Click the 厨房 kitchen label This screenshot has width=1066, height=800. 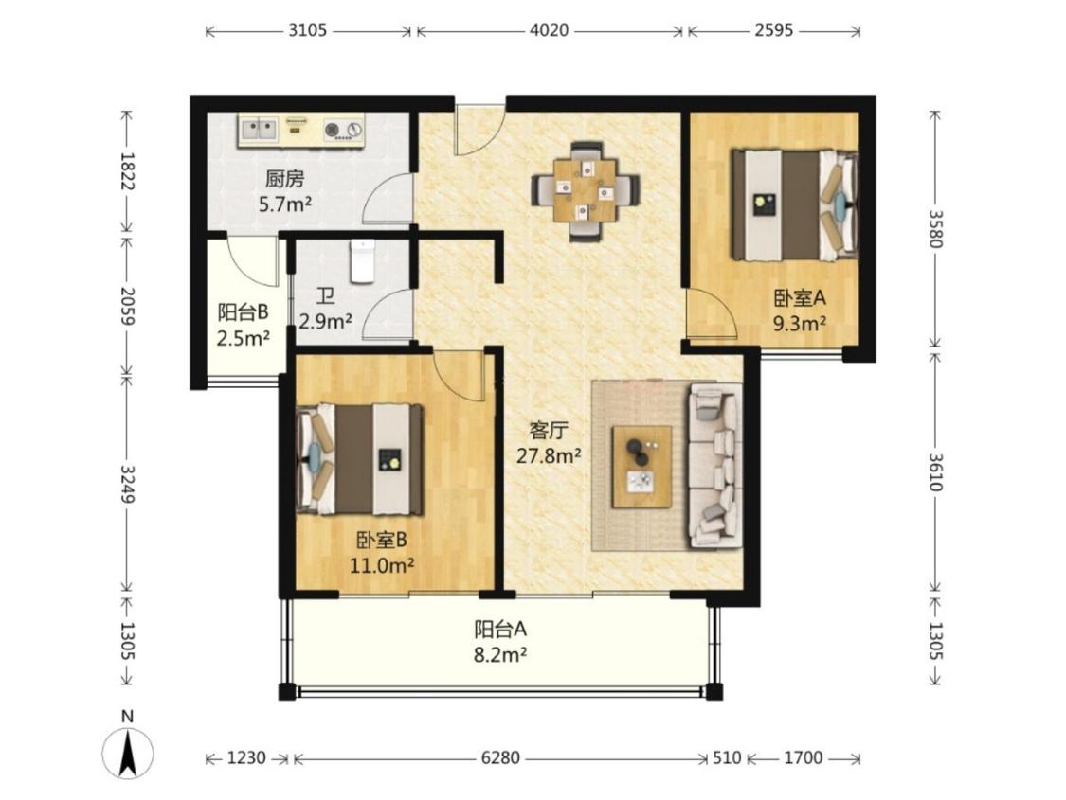(x=285, y=179)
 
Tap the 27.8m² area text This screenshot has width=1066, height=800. (x=549, y=455)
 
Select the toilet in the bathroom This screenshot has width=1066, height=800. (x=363, y=260)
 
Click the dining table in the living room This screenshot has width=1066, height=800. (x=586, y=191)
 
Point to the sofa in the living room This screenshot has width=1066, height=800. (x=715, y=466)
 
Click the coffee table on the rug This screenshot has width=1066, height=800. (x=641, y=467)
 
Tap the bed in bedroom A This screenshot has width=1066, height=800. (x=795, y=205)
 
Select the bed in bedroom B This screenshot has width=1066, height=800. (x=360, y=459)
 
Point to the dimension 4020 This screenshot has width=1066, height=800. (x=549, y=30)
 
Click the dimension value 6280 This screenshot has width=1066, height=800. (x=500, y=757)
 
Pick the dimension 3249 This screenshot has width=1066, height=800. (x=127, y=484)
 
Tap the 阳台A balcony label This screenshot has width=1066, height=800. (x=500, y=630)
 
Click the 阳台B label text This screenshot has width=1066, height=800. (x=243, y=312)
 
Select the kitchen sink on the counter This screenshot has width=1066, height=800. (x=259, y=129)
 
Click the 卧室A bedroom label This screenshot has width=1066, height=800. (x=800, y=297)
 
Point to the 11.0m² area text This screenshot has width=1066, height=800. (x=382, y=566)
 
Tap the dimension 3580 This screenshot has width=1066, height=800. (x=937, y=229)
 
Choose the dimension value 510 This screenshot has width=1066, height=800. (x=727, y=757)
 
